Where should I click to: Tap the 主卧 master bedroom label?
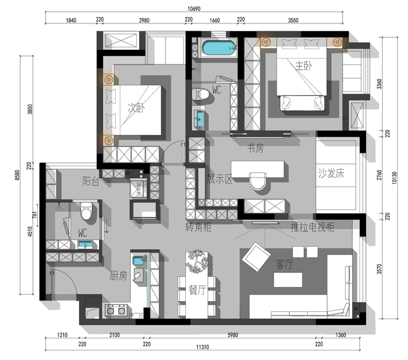click(x=304, y=66)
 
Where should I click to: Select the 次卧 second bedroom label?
click(x=136, y=107)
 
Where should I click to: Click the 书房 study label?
click(x=255, y=148)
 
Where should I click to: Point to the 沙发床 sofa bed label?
click(x=331, y=173)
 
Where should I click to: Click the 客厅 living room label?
click(x=284, y=265)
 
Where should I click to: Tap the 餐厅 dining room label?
click(x=197, y=290)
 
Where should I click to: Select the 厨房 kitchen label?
click(x=118, y=276)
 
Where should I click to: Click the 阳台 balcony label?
click(x=91, y=181)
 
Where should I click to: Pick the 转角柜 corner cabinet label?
click(x=198, y=227)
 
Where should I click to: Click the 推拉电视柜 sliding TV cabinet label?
click(x=313, y=227)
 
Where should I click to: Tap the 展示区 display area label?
click(x=219, y=179)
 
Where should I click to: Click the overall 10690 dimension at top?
click(x=194, y=9)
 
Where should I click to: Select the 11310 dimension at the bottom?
click(x=202, y=347)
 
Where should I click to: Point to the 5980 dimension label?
click(x=233, y=335)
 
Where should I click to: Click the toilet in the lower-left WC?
click(x=86, y=211)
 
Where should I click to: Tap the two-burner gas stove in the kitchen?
click(x=116, y=310)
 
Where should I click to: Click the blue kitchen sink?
click(x=138, y=260)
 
